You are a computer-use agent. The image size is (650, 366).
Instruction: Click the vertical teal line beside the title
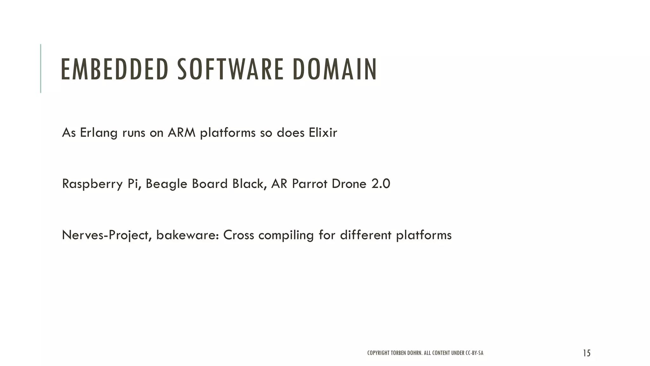coord(41,68)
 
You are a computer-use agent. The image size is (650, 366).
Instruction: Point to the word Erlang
coord(98,133)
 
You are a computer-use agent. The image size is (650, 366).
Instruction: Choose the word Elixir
coord(323,132)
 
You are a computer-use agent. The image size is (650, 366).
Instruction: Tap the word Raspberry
coord(92,184)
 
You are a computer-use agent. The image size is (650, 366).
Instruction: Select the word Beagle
coord(166,184)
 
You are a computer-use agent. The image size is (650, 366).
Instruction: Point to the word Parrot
coord(309,184)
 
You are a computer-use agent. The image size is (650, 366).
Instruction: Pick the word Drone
coord(349,184)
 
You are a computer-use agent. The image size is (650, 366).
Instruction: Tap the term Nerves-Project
coord(106,235)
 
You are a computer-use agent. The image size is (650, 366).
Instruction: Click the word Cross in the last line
coord(238,235)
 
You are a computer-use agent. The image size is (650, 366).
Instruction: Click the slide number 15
coord(587,353)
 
